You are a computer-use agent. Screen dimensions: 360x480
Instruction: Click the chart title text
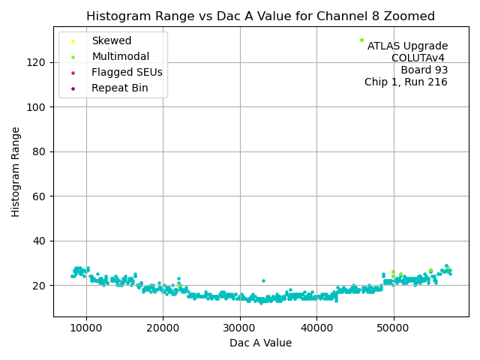pos(260,16)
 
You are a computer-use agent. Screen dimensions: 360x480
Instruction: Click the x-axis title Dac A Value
pos(260,343)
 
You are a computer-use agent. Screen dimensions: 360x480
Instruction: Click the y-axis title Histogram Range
pos(16,172)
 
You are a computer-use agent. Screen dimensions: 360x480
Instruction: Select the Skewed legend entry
pos(111,40)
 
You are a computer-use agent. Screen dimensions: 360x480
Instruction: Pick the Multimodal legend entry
pos(120,56)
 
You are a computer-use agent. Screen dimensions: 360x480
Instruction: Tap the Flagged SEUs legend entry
pos(127,72)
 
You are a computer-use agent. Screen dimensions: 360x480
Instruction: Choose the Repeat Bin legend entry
pos(119,88)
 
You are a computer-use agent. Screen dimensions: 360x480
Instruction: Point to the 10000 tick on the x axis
pos(85,328)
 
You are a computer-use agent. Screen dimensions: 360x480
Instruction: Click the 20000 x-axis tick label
pos(163,328)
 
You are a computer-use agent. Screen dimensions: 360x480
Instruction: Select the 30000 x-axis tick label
pos(239,328)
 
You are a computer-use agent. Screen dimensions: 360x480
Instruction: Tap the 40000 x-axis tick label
pos(316,328)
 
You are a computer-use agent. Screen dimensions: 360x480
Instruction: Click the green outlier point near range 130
pos(361,40)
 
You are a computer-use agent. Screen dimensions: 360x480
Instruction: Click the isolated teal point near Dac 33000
pos(263,280)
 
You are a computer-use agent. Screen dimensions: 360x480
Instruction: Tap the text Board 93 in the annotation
pos(424,70)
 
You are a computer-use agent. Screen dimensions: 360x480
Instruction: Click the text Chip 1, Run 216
pos(406,82)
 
